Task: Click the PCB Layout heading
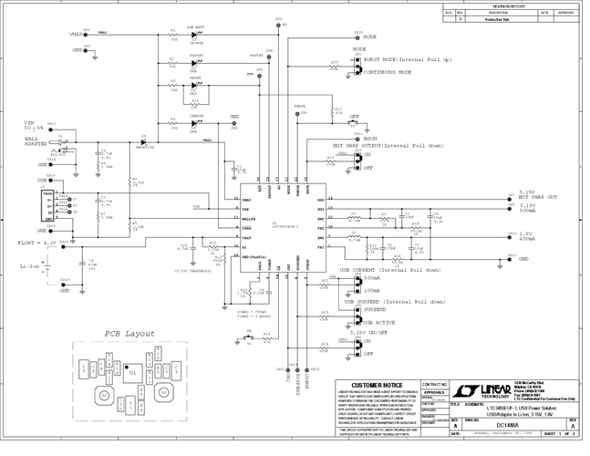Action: pyautogui.click(x=129, y=334)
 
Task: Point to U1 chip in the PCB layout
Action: pyautogui.click(x=133, y=373)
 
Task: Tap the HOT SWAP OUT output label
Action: pyautogui.click(x=539, y=197)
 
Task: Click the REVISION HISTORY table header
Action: pyautogui.click(x=510, y=5)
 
